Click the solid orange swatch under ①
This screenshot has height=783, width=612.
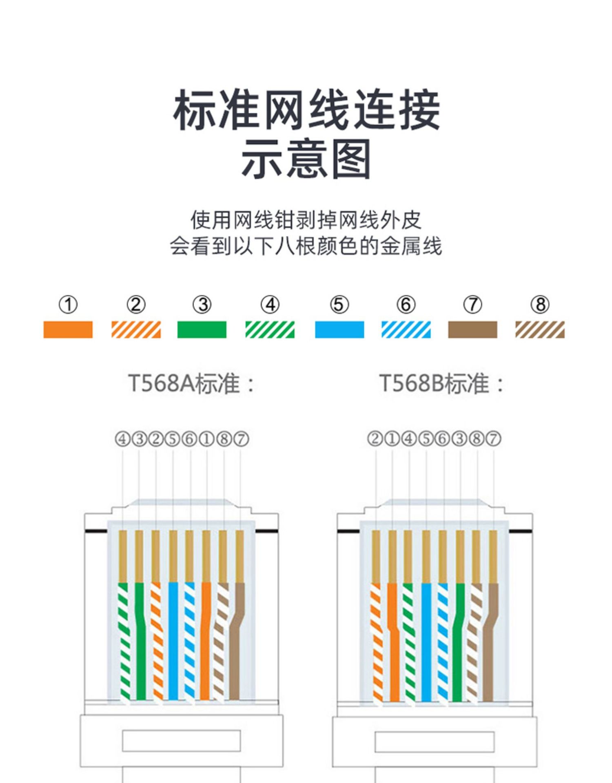tap(68, 330)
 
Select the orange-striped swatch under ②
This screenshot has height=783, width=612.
tap(136, 330)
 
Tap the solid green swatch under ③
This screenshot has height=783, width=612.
tap(202, 330)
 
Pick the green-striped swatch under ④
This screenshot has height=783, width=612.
tap(270, 330)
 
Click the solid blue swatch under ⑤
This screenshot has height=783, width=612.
tap(339, 330)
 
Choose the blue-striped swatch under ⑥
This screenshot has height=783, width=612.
tap(406, 330)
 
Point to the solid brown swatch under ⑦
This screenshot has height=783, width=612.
tap(472, 330)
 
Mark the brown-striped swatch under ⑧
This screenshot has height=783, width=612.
tap(540, 330)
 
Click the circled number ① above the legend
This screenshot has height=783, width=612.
tap(68, 305)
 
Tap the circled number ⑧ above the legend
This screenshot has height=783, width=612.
tap(540, 305)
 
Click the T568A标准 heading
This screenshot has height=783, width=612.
tap(191, 384)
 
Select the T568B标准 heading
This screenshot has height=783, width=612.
tap(441, 384)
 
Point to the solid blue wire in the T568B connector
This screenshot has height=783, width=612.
tap(426, 640)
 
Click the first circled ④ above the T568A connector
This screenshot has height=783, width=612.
tap(122, 439)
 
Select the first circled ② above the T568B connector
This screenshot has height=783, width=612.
tap(375, 439)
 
